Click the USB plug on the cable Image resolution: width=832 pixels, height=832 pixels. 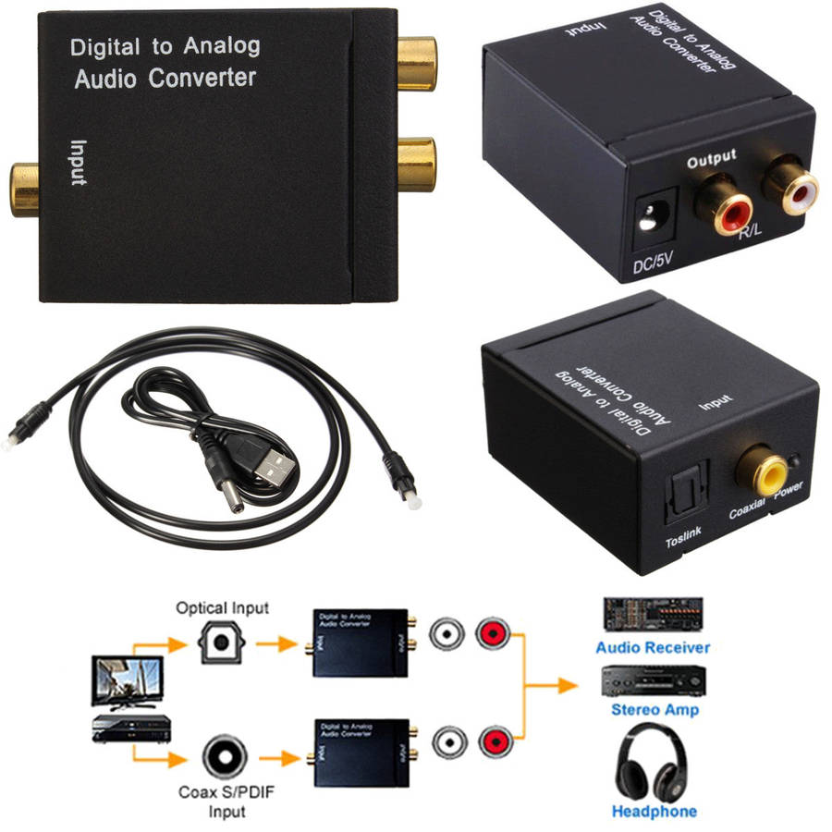tap(273, 463)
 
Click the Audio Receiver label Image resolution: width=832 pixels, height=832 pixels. tap(653, 647)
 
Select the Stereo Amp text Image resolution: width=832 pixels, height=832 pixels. tap(655, 710)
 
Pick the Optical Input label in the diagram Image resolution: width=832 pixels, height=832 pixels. tap(222, 607)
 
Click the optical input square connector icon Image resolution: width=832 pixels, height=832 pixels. tap(222, 639)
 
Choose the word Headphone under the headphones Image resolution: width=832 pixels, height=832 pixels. tap(655, 811)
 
